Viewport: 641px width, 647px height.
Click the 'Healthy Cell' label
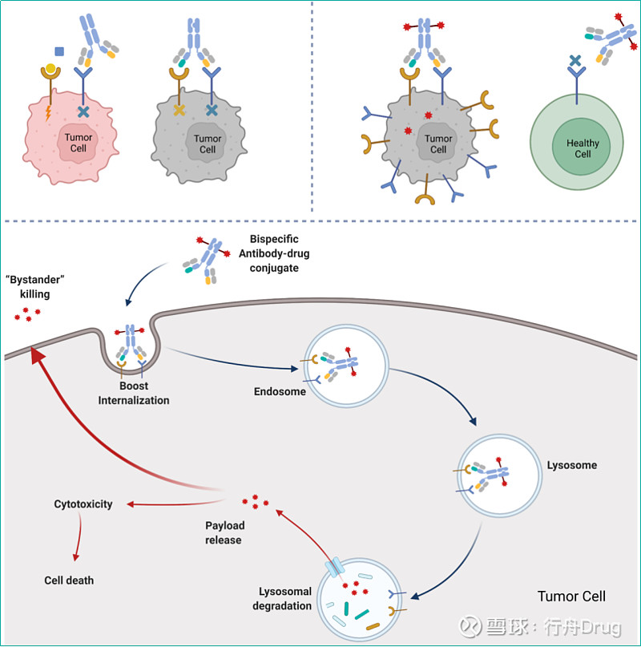[583, 148]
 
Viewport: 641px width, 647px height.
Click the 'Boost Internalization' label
[134, 393]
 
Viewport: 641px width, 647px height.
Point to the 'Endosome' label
[280, 392]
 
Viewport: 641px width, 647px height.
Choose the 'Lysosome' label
[571, 465]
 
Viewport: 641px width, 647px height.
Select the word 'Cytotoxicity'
[83, 504]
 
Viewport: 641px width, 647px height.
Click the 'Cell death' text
[70, 579]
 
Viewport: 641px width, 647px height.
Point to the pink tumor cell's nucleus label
[79, 143]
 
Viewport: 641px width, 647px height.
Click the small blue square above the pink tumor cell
[59, 51]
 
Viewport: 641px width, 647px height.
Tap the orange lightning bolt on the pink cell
[48, 112]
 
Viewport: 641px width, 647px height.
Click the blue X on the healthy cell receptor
[574, 60]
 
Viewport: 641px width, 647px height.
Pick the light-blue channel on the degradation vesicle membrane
[334, 570]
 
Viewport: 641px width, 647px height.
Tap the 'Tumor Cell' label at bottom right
[571, 596]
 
